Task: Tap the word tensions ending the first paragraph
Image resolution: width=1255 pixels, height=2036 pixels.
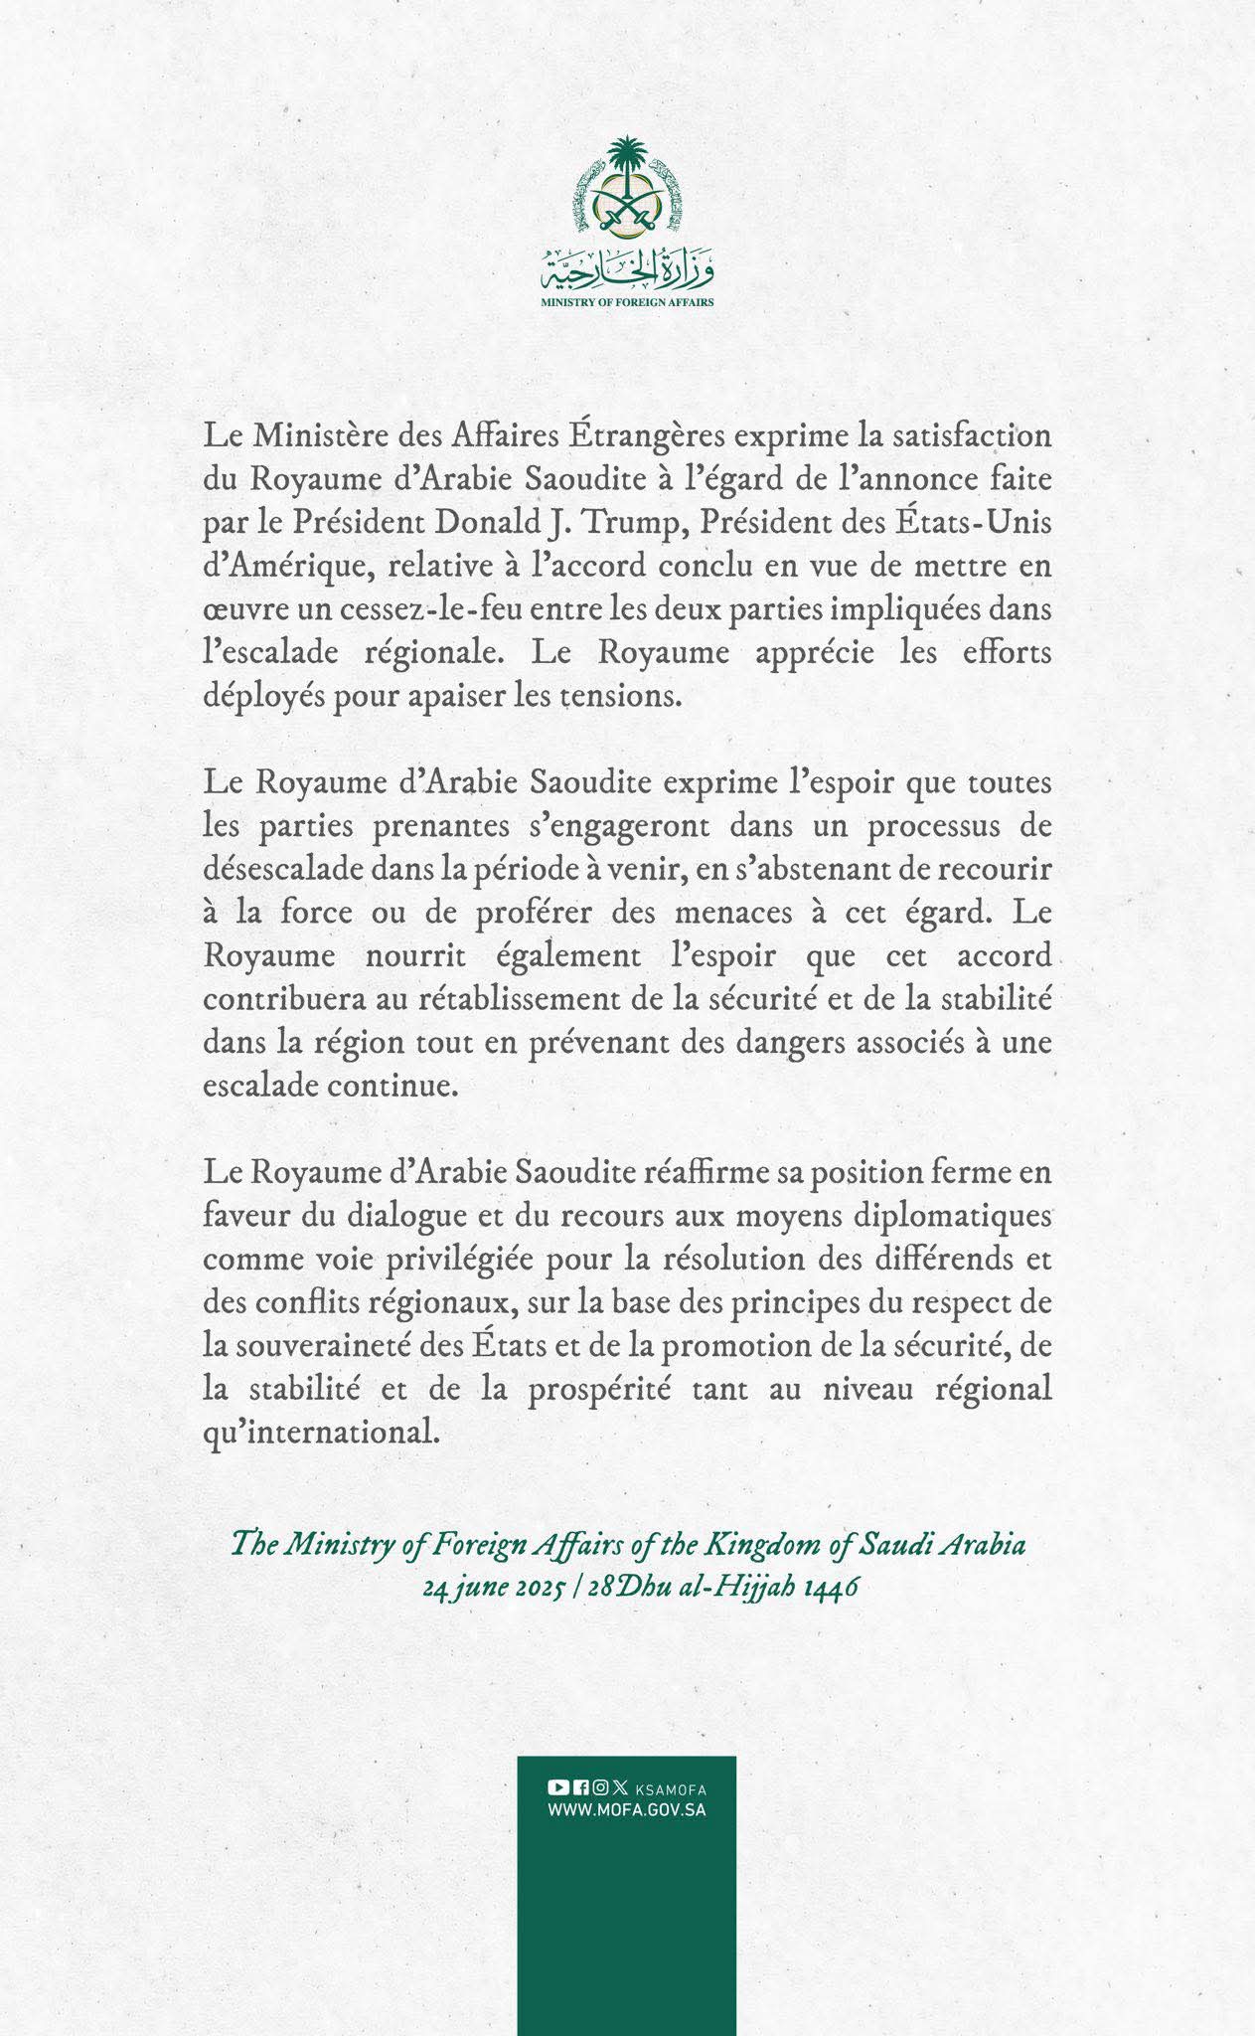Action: (x=625, y=695)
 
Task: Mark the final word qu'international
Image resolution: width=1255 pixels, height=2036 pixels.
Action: (x=320, y=1433)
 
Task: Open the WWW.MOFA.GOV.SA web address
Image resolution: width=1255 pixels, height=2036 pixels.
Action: (x=627, y=1810)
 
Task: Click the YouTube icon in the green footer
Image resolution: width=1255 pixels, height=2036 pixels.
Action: (x=557, y=1787)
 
